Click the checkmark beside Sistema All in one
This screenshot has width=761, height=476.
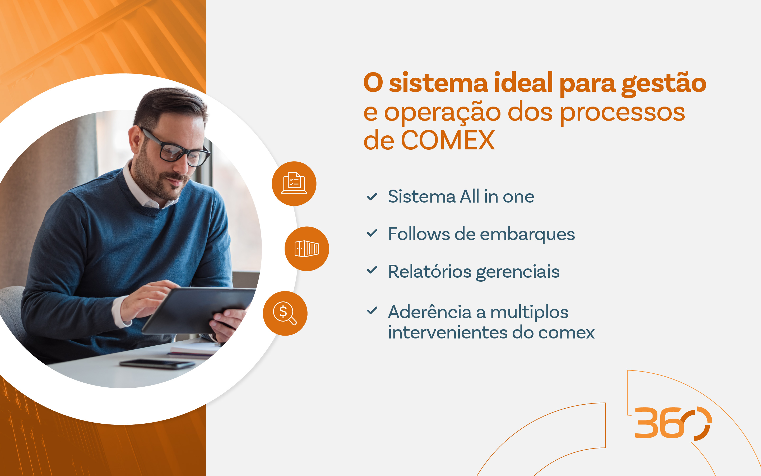coord(372,196)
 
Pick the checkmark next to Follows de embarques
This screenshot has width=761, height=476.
coord(372,233)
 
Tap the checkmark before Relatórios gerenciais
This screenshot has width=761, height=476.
coord(372,270)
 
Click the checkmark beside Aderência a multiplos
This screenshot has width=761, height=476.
coord(372,311)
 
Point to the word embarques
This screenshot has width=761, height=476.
coord(527,235)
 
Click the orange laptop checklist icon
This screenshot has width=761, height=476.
coord(294,184)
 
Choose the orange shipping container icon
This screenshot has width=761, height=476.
coord(307,249)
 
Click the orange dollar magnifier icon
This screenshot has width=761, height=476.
coord(285,313)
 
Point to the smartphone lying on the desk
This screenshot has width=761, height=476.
coord(157,364)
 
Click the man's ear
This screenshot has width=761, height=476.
coord(134,139)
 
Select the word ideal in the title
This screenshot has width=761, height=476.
coord(523,83)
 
